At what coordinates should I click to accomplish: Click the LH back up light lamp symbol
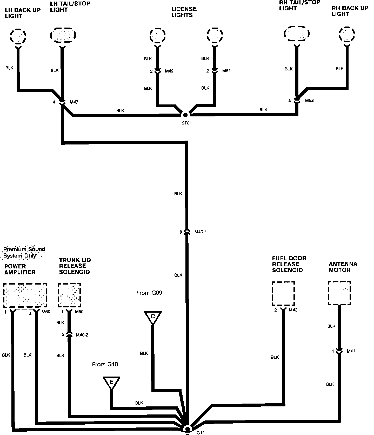click(18, 36)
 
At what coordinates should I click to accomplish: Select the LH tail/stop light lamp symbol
click(62, 35)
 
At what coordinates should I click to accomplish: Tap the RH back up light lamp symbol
click(347, 34)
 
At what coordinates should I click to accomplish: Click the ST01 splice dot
click(185, 115)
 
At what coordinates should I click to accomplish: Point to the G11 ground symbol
click(187, 429)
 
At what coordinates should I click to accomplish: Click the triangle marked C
click(153, 317)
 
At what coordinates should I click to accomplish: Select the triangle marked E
click(111, 382)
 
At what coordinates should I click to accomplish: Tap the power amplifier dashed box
click(25, 295)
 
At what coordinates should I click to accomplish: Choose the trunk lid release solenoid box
click(69, 295)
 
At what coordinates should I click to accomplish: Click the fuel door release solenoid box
click(283, 294)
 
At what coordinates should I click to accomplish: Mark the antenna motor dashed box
click(339, 293)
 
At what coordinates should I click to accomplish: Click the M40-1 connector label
click(200, 232)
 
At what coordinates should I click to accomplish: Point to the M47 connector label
click(74, 102)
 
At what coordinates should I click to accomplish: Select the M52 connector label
click(309, 101)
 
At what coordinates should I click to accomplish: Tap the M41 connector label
click(351, 351)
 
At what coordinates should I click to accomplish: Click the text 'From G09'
click(149, 293)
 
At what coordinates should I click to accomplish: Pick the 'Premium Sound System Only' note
click(24, 252)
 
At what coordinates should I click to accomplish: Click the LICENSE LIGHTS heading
click(184, 12)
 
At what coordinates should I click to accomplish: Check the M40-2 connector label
click(82, 335)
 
